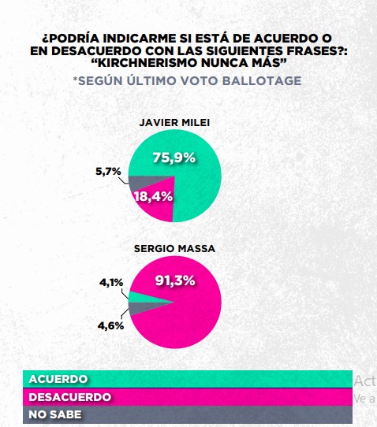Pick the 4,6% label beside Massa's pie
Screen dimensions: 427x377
tap(111, 325)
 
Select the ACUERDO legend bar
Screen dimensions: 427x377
tap(188, 379)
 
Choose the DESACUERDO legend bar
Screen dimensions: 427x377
tap(188, 396)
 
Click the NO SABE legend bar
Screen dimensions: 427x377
tap(188, 414)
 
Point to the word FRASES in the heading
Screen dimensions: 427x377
tap(310, 50)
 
